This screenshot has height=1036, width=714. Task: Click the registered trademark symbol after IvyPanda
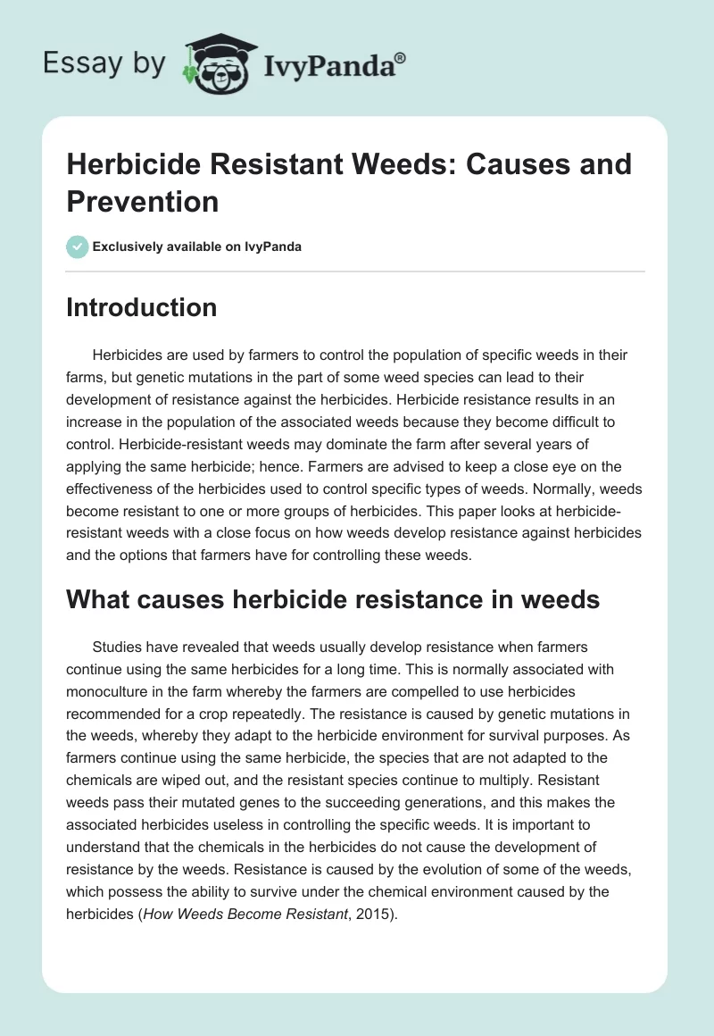(401, 57)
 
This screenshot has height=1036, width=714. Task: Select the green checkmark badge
(78, 246)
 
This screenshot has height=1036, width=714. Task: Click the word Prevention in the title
(143, 202)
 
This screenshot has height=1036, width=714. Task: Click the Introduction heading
(142, 308)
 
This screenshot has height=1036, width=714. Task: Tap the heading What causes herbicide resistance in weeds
(333, 601)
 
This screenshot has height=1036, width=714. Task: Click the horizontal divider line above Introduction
(356, 272)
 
